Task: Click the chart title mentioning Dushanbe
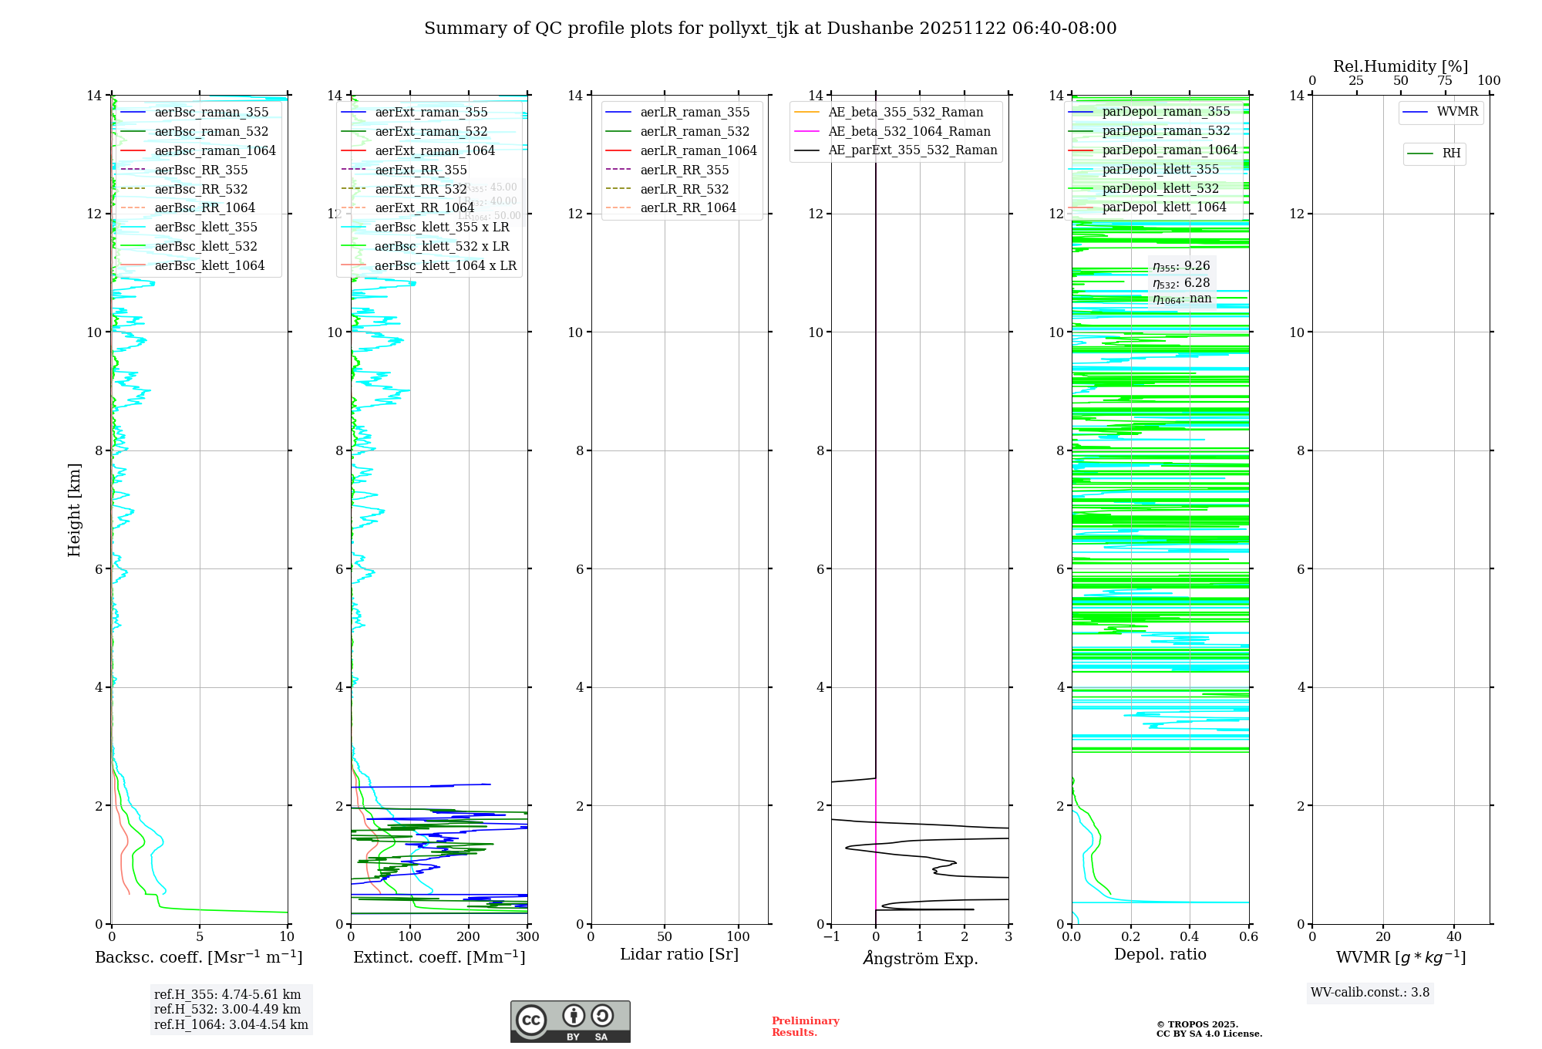click(770, 29)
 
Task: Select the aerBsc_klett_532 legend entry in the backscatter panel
click(205, 246)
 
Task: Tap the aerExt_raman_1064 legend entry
click(435, 150)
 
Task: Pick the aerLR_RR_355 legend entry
click(684, 170)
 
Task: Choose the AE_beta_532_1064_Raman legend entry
click(909, 131)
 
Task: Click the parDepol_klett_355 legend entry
click(1160, 169)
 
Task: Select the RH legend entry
click(1451, 153)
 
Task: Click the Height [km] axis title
click(74, 509)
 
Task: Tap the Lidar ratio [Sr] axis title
click(679, 954)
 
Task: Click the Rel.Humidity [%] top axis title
click(1400, 66)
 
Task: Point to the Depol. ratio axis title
click(1160, 954)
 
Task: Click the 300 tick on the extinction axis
click(527, 936)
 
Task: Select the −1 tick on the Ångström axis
click(830, 936)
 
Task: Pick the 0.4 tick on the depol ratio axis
click(1190, 936)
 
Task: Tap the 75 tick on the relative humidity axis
click(1444, 81)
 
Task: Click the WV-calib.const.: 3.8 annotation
click(1369, 992)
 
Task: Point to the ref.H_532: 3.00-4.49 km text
click(227, 1009)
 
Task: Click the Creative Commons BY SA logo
click(570, 1021)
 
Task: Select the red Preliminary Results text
click(805, 1026)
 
